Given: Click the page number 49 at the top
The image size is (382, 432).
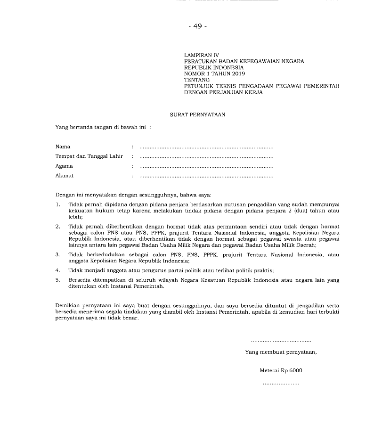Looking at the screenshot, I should [197, 26].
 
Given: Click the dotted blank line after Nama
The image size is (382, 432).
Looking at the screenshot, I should [206, 147].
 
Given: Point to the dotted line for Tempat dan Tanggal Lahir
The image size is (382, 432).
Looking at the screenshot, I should [206, 156].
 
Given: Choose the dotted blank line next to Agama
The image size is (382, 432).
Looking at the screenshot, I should [206, 166].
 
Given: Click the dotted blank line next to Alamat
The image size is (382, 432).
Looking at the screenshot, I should [206, 176].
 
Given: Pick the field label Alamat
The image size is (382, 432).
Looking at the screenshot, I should [65, 176].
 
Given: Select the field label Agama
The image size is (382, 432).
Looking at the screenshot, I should [64, 166].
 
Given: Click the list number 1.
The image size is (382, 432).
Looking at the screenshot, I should [57, 204].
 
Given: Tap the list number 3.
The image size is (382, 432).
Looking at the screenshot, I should [57, 254].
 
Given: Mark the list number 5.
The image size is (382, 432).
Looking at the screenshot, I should [57, 280].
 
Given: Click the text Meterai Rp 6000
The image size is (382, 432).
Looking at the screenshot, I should [281, 370].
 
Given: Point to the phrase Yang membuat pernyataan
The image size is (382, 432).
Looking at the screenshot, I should [281, 352].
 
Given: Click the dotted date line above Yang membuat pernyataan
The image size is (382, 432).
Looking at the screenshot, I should [281, 340].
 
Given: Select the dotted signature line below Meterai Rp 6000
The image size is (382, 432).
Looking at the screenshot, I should [281, 384].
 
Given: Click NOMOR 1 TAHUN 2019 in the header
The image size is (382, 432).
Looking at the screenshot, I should [214, 73].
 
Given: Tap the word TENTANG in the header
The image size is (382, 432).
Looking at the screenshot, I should [197, 80].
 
